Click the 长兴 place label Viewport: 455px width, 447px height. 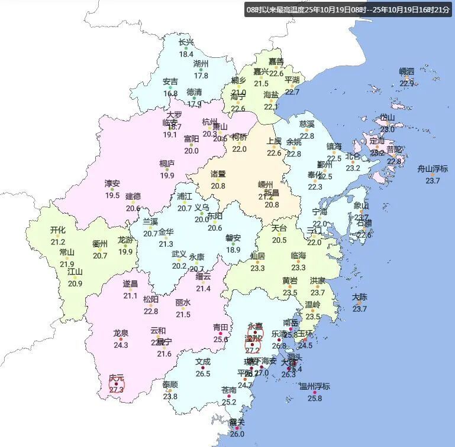tap(186, 42)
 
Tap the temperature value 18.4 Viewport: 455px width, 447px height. tap(186, 54)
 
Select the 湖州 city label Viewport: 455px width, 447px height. tap(201, 64)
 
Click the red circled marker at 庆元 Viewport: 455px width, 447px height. tap(117, 384)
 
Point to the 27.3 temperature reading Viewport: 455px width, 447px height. tap(117, 389)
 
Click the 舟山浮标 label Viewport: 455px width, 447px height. tap(433, 168)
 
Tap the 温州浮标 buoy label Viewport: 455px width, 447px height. tap(315, 386)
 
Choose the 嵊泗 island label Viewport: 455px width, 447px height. tap(407, 71)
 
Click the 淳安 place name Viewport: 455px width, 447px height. tap(112, 184)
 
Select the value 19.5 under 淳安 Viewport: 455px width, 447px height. tap(112, 195)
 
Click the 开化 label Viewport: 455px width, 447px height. tap(58, 230)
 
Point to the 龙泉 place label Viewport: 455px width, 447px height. tap(121, 333)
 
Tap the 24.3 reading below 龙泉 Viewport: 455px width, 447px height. tap(121, 345)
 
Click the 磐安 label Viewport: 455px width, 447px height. tap(233, 238)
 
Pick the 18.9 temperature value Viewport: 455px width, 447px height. tap(233, 250)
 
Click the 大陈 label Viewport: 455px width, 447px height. tap(360, 297)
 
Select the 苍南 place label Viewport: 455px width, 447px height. tap(229, 390)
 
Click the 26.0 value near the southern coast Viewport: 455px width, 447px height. tap(237, 434)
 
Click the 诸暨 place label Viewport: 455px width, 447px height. tap(218, 174)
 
